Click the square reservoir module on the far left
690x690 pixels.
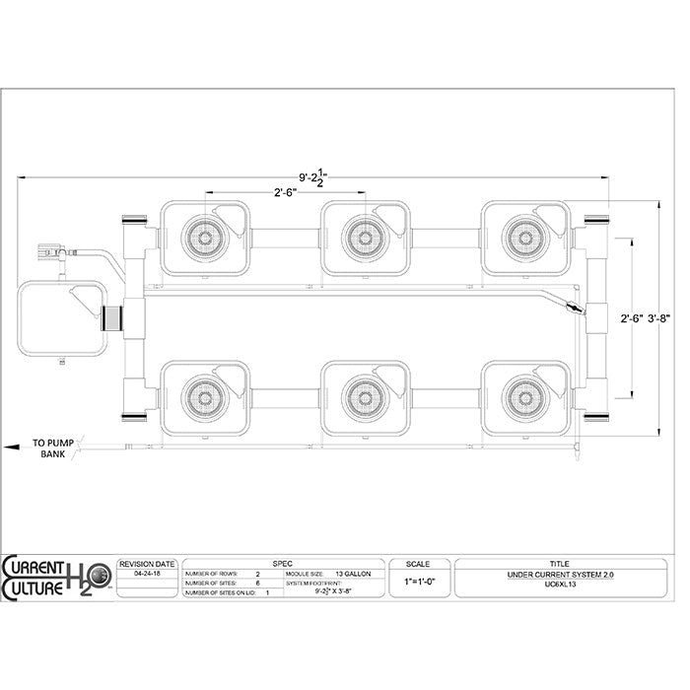[62, 320]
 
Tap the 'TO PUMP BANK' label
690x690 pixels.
[52, 448]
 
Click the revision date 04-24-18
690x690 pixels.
[147, 572]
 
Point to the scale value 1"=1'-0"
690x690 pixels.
[421, 582]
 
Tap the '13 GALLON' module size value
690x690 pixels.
[354, 572]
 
